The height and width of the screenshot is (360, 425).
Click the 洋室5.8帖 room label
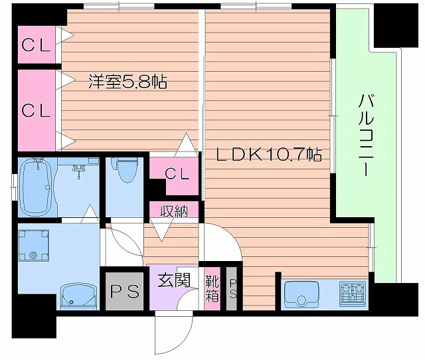(127, 82)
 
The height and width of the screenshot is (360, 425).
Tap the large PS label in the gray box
(125, 291)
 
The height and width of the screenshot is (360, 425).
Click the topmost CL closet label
(37, 45)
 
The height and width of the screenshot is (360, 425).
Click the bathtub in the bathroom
(37, 188)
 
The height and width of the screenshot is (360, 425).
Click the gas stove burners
(352, 293)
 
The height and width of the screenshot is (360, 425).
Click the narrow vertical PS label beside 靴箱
(232, 289)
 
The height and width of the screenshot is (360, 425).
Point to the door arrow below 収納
(161, 231)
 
